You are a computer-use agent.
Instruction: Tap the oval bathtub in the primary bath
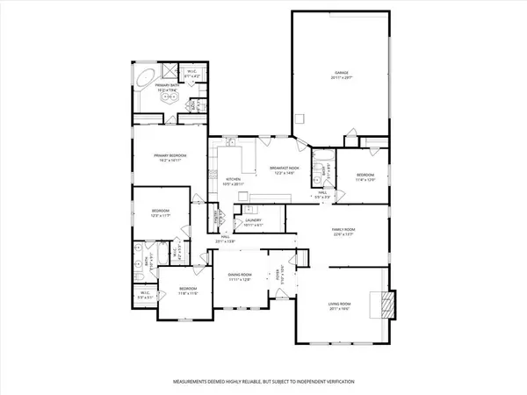[145, 78]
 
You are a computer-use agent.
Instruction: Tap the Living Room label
[338, 306]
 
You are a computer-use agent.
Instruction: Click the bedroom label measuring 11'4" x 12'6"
[365, 178]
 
